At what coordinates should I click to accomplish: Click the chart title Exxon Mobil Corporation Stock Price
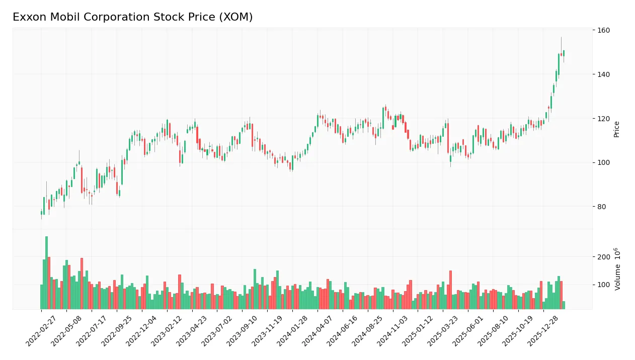click(132, 17)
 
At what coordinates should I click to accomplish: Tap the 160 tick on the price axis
click(603, 31)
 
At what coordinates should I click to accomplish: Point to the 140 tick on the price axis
click(603, 74)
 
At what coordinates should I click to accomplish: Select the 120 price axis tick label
click(603, 119)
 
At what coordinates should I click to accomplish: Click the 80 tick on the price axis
click(602, 207)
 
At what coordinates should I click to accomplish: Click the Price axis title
click(616, 129)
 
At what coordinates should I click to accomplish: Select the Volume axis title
click(617, 268)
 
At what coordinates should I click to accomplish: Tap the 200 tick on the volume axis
click(603, 257)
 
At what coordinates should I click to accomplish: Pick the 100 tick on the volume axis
click(603, 285)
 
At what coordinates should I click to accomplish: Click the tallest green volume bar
click(46, 273)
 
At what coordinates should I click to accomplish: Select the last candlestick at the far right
click(564, 53)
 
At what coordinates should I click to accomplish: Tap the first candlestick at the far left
click(41, 213)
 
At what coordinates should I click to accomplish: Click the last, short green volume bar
click(564, 305)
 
